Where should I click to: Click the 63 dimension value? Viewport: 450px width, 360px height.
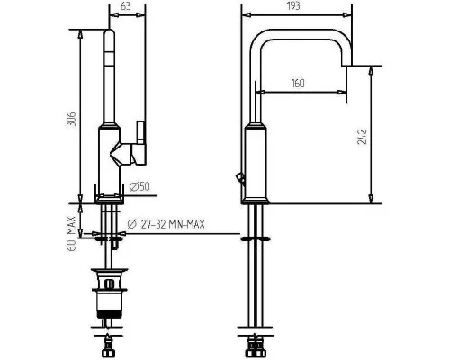tap(126, 6)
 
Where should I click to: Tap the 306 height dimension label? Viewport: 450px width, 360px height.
tap(71, 119)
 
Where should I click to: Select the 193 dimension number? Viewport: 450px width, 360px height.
tap(293, 5)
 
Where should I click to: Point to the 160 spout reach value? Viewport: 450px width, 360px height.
tap(298, 83)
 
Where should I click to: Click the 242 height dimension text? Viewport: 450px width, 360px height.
tap(363, 137)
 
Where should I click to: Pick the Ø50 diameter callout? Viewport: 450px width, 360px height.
tap(139, 187)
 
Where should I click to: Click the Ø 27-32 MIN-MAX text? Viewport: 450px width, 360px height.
tap(166, 224)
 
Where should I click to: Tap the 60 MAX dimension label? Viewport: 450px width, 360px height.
tap(71, 233)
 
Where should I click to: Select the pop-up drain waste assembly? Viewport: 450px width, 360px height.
tap(110, 294)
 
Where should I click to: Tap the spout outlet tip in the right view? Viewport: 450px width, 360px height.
tap(346, 64)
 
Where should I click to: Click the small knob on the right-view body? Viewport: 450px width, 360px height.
tap(240, 177)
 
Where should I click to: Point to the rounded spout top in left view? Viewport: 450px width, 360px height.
tap(109, 34)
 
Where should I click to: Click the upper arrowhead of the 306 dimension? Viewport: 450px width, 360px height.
tap(80, 34)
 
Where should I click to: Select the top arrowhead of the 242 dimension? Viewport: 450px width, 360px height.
tap(371, 71)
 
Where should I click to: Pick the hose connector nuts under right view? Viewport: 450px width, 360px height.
tap(255, 348)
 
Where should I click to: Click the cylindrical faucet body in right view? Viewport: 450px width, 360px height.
tap(256, 164)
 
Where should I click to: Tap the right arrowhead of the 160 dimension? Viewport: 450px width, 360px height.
tap(342, 92)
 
